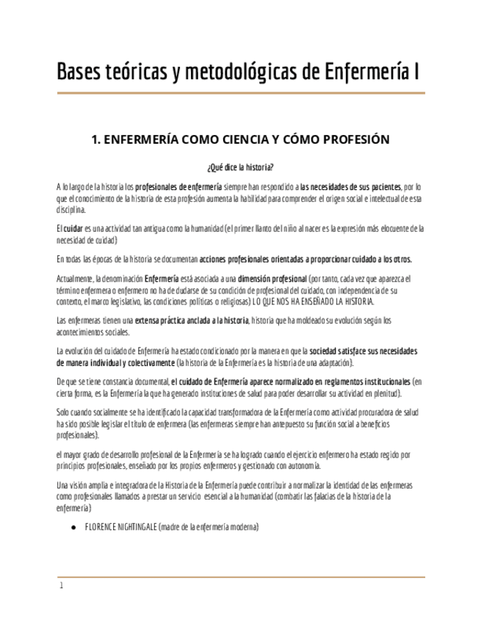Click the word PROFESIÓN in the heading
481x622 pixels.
349,139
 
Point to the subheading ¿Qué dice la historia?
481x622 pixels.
241,167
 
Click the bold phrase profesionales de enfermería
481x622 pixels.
178,187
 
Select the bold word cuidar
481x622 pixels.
73,228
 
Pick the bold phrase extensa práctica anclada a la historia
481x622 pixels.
192,320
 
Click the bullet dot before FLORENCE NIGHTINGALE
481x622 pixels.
73,527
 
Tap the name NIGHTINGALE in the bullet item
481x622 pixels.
133,527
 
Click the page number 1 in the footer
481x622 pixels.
62,585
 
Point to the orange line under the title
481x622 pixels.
241,93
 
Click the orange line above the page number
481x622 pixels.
241,577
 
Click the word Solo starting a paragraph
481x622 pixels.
63,412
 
